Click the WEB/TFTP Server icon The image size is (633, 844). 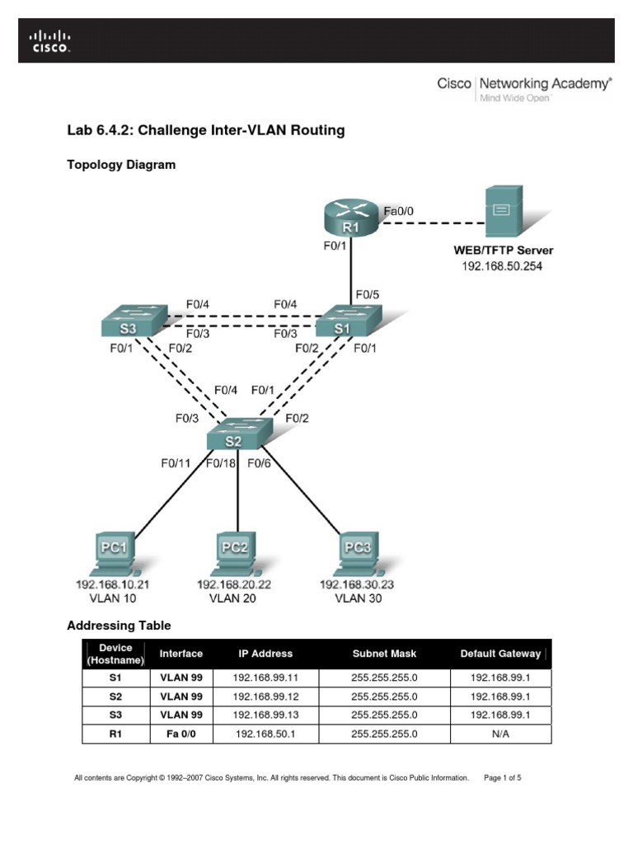[x=501, y=212]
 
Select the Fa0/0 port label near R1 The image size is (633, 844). [x=399, y=211]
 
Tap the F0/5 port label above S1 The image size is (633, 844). [x=367, y=293]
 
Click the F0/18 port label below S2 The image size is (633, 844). [x=220, y=463]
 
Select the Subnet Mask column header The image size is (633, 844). [x=384, y=654]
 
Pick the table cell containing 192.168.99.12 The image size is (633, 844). [x=265, y=696]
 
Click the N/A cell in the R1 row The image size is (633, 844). [x=500, y=734]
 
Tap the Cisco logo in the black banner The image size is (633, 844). [x=51, y=41]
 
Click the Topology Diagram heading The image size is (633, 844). [x=120, y=165]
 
